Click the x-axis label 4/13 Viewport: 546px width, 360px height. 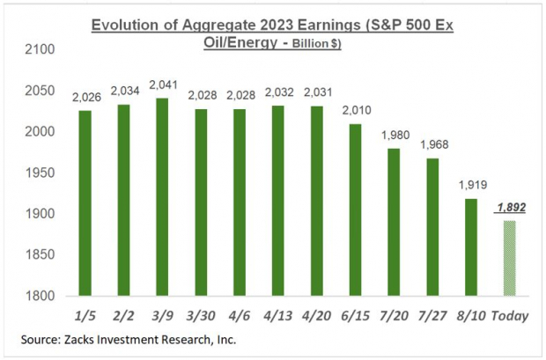[277, 312]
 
